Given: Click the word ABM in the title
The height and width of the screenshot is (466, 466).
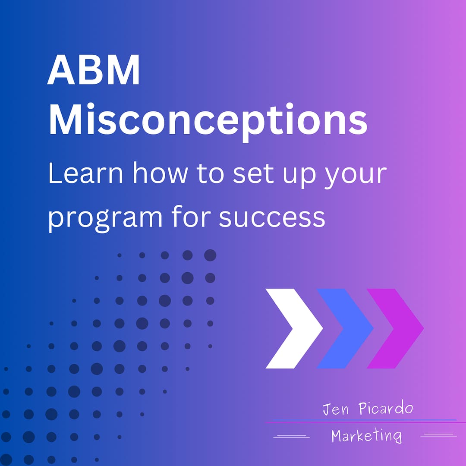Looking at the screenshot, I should (94, 71).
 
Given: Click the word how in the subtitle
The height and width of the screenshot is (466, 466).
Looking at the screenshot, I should (160, 174).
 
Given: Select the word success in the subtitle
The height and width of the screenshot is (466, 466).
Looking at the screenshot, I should (272, 217).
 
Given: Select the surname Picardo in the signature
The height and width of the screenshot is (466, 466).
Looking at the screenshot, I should (386, 409).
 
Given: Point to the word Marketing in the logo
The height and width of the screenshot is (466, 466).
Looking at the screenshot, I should (366, 436).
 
